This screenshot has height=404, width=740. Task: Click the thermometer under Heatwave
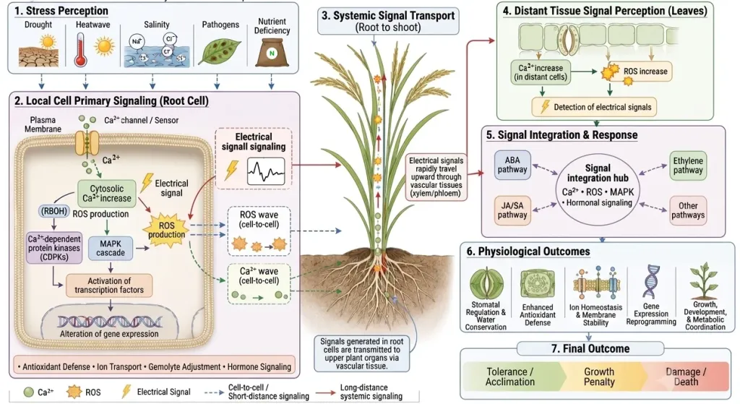pyautogui.click(x=81, y=51)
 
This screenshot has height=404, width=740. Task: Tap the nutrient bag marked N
pyautogui.click(x=272, y=52)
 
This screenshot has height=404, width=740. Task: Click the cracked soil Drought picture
pyautogui.click(x=39, y=51)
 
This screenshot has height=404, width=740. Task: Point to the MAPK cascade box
pyautogui.click(x=111, y=248)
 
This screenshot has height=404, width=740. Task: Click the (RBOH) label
pyautogui.click(x=54, y=211)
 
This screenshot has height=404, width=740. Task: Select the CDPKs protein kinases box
pyautogui.click(x=54, y=248)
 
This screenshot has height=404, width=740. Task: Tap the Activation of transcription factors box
pyautogui.click(x=109, y=285)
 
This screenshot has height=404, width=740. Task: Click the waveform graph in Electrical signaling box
pyautogui.click(x=266, y=171)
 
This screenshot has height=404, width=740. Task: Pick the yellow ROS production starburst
pyautogui.click(x=166, y=230)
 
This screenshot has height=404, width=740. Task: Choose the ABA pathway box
pyautogui.click(x=512, y=165)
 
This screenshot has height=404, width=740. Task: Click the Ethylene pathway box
pyautogui.click(x=688, y=166)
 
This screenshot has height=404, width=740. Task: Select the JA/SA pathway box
pyautogui.click(x=512, y=210)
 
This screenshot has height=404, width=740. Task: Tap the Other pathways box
pyautogui.click(x=688, y=210)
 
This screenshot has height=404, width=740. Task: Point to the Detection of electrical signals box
pyautogui.click(x=594, y=107)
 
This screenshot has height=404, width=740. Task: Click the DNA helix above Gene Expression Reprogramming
pyautogui.click(x=651, y=282)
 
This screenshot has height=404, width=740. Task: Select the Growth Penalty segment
pyautogui.click(x=599, y=377)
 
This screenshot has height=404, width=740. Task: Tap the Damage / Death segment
pyautogui.click(x=686, y=377)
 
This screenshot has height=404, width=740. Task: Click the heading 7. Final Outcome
pyautogui.click(x=590, y=349)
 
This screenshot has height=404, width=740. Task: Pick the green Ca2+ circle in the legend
pyautogui.click(x=29, y=392)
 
